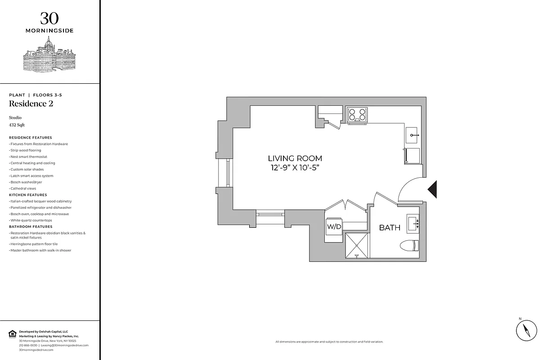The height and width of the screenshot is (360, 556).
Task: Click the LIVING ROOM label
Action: [295, 158]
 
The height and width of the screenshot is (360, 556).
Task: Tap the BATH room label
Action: [390, 228]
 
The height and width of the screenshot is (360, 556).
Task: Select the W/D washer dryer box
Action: [334, 227]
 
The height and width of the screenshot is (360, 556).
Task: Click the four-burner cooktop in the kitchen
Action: [357, 114]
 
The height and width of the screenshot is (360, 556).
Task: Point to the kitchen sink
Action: [413, 135]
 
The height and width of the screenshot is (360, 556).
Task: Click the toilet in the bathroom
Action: [409, 246]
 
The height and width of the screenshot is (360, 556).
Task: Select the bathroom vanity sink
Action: [413, 224]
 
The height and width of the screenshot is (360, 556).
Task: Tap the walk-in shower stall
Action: [357, 246]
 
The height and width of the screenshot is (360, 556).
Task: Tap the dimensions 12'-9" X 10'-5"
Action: [295, 167]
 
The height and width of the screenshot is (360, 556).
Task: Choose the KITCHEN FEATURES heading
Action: [28, 195]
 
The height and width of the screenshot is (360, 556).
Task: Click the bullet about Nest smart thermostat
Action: [29, 157]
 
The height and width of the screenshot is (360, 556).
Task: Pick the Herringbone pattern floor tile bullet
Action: [34, 244]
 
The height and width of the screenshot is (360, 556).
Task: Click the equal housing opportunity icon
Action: [12, 333]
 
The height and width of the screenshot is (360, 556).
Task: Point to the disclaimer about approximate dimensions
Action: [329, 342]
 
